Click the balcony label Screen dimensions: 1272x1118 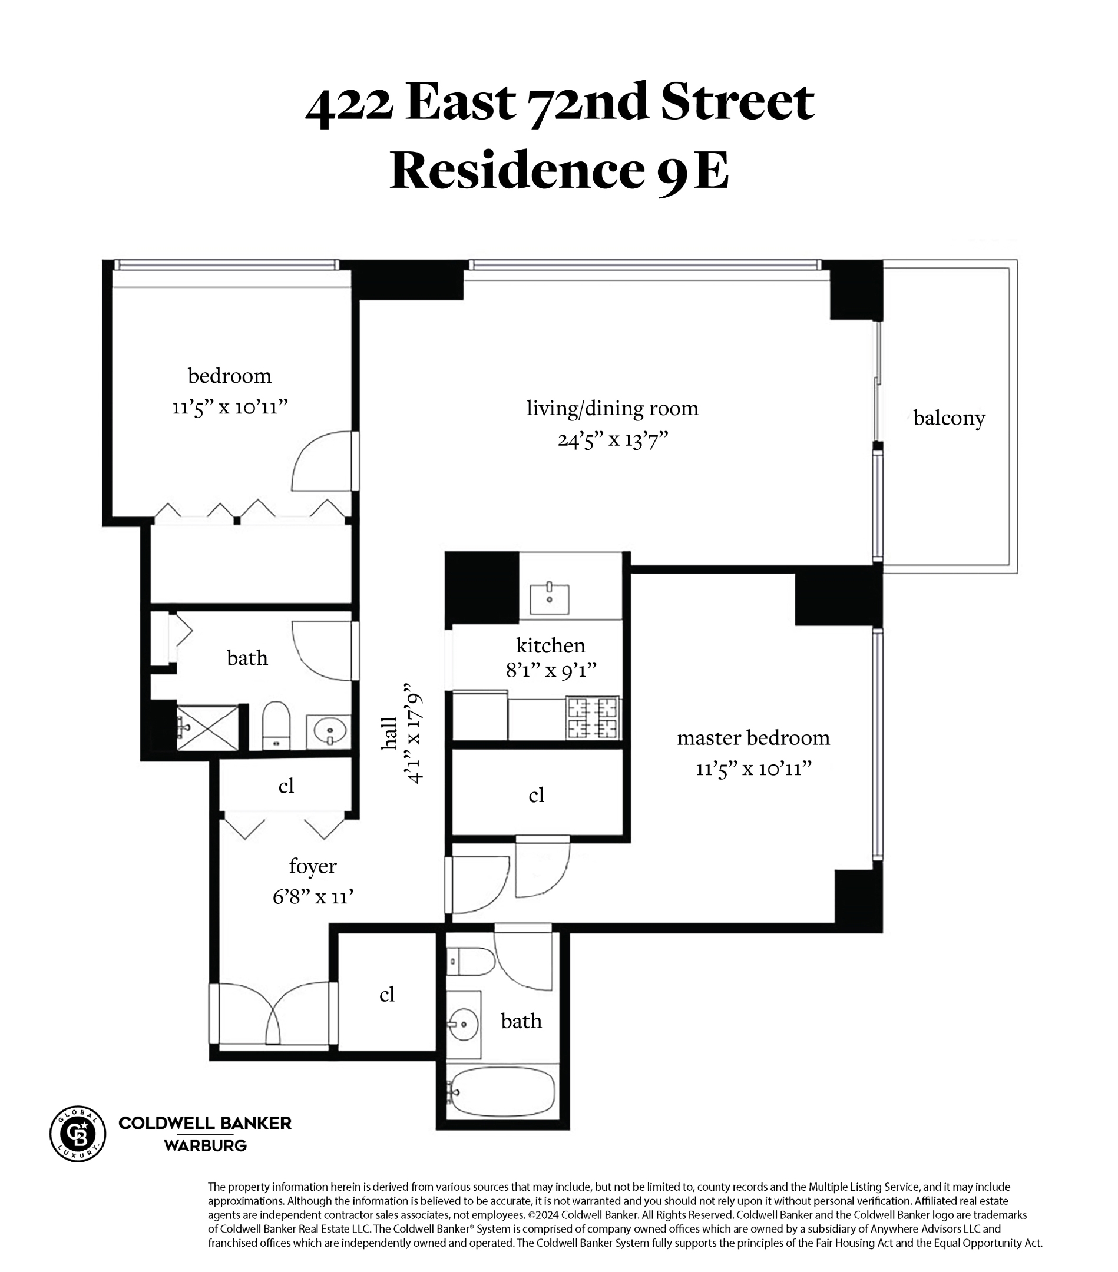click(x=949, y=418)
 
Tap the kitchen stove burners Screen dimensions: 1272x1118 click(x=592, y=717)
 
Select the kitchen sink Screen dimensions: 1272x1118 click(x=549, y=598)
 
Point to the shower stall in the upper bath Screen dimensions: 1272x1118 click(x=207, y=727)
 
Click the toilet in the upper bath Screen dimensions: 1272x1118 click(x=276, y=725)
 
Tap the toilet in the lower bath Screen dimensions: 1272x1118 click(x=471, y=962)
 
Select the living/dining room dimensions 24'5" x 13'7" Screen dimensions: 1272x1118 click(x=613, y=440)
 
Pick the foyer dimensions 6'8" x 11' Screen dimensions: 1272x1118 click(x=313, y=897)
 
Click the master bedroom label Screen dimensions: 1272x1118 click(x=753, y=737)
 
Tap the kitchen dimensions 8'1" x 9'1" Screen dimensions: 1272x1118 click(x=551, y=670)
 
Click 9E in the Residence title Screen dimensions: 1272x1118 click(x=692, y=171)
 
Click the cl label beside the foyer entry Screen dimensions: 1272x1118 click(x=386, y=994)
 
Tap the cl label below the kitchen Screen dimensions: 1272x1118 click(x=536, y=796)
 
